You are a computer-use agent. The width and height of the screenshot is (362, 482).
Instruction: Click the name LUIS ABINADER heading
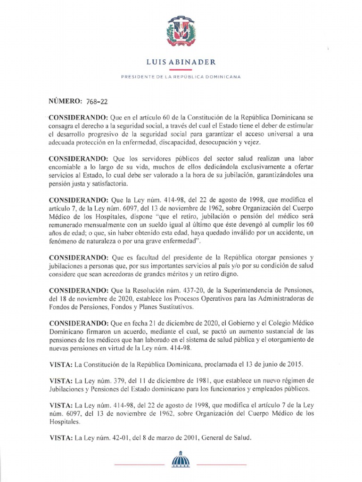[181, 61]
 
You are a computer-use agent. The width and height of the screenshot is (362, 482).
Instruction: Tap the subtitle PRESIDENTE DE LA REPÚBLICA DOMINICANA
[181, 76]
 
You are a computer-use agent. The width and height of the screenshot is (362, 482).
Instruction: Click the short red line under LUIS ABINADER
[181, 69]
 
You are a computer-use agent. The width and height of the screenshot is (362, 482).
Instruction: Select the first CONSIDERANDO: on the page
[79, 117]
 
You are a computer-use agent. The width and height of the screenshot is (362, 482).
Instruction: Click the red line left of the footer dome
[140, 465]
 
